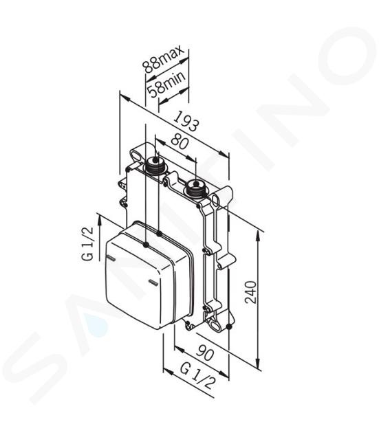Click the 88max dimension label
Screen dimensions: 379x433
point(163,58)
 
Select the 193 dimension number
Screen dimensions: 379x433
point(186,121)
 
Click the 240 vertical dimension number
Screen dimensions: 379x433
point(250,292)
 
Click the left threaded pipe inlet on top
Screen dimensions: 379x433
point(155,164)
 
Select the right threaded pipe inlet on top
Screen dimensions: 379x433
point(195,188)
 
